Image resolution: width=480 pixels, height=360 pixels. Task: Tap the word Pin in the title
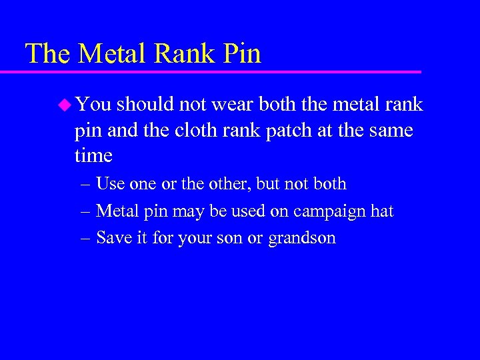pos(242,53)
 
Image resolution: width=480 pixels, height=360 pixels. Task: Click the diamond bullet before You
pos(64,104)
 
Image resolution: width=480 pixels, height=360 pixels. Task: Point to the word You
pos(93,105)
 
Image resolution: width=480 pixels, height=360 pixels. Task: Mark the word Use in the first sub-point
pos(110,184)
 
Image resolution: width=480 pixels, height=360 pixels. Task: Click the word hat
pos(381,211)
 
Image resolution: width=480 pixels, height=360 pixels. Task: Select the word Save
pos(114,238)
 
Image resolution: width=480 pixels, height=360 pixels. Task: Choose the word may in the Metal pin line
pos(188,212)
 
